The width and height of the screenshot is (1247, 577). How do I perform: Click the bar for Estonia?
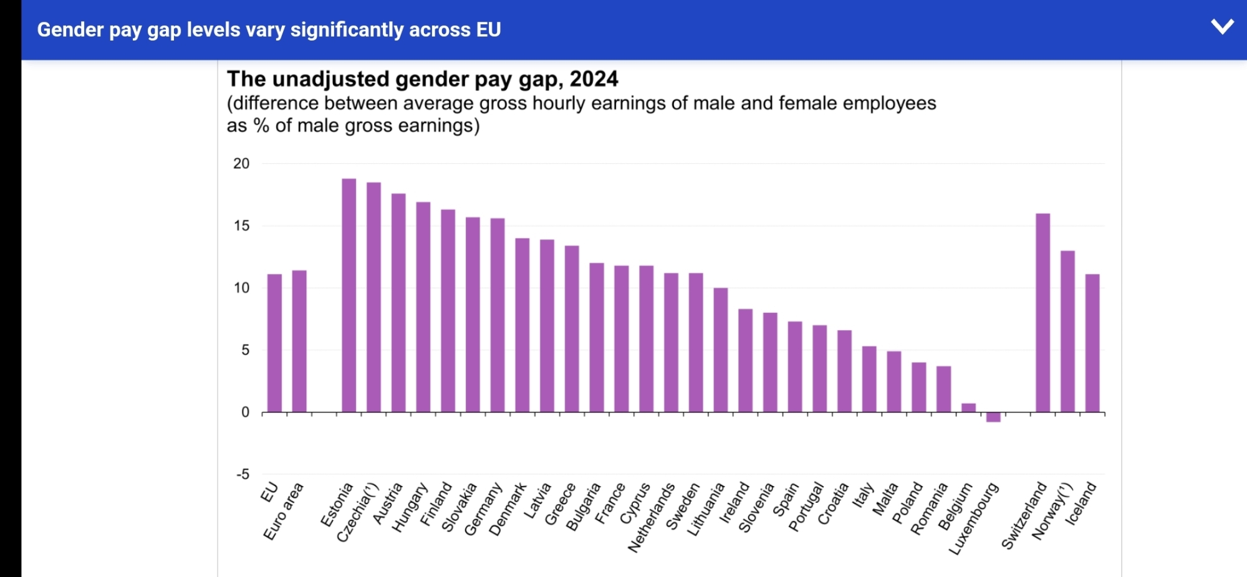[349, 295]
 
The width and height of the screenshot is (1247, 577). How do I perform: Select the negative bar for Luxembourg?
[993, 417]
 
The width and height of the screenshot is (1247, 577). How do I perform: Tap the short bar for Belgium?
[968, 408]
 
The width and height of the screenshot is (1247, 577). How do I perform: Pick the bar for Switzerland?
[1042, 313]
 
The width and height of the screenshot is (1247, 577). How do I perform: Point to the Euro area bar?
[299, 341]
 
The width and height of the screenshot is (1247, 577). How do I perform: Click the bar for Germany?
[498, 315]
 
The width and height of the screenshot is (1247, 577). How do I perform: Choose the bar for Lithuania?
[721, 350]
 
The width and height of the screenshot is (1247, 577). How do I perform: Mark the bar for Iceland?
[1092, 343]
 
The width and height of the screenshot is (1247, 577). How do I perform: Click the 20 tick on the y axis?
[241, 164]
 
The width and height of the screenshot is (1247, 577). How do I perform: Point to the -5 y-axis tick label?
[243, 474]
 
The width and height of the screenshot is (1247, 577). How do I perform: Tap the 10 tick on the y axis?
[241, 288]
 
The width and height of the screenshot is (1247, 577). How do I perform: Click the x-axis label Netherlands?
[652, 517]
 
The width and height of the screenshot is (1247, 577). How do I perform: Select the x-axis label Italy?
[864, 495]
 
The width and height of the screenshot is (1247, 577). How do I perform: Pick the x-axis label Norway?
[1052, 511]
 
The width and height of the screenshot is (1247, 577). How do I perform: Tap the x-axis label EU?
[269, 492]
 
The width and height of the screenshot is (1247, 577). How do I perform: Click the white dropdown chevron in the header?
[1222, 27]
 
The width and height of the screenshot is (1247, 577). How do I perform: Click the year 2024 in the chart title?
[594, 79]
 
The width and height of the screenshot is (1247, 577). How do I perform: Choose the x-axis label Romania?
[929, 508]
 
